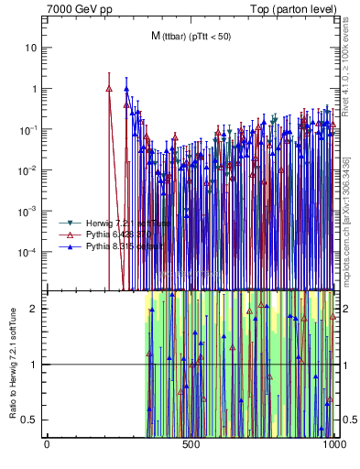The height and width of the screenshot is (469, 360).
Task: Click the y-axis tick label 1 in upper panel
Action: click(34, 90)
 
